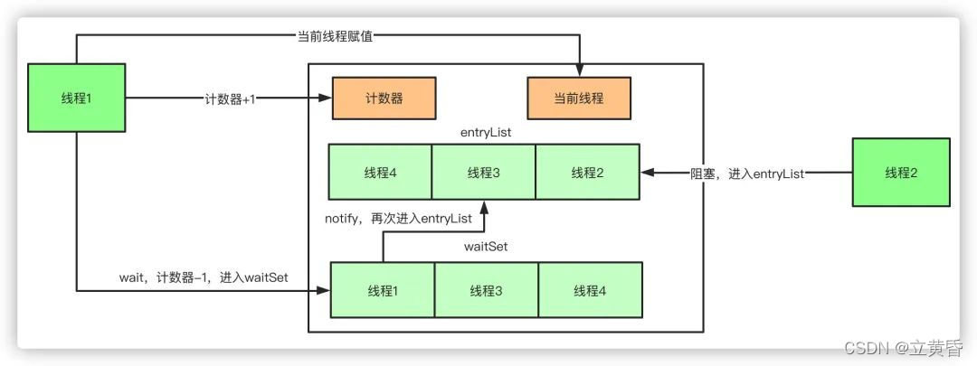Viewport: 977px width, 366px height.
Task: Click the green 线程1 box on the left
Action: click(x=77, y=98)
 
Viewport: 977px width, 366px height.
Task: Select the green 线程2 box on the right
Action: click(x=900, y=173)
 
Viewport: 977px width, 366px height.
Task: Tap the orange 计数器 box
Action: click(x=384, y=99)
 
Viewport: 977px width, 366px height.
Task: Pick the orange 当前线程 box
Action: click(x=579, y=99)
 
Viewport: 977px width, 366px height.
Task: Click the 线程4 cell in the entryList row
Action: click(x=380, y=172)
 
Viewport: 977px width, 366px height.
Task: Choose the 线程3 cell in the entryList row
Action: click(x=484, y=172)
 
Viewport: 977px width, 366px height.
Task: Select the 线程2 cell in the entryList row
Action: click(x=588, y=172)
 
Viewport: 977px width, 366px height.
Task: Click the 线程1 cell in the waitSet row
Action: click(x=383, y=290)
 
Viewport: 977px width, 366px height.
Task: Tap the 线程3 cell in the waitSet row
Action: click(x=487, y=290)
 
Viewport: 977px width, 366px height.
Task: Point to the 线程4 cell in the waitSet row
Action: click(x=590, y=290)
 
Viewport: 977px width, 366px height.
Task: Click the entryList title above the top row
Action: click(x=487, y=133)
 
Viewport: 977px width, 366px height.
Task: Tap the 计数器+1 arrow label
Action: click(x=229, y=99)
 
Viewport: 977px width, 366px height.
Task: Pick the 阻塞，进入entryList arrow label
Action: click(x=746, y=173)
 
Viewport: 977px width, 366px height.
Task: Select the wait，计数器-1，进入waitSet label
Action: click(x=204, y=277)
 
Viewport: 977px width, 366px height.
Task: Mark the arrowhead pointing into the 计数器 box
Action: click(x=327, y=99)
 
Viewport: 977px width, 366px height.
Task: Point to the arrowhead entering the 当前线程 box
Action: click(x=579, y=72)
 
